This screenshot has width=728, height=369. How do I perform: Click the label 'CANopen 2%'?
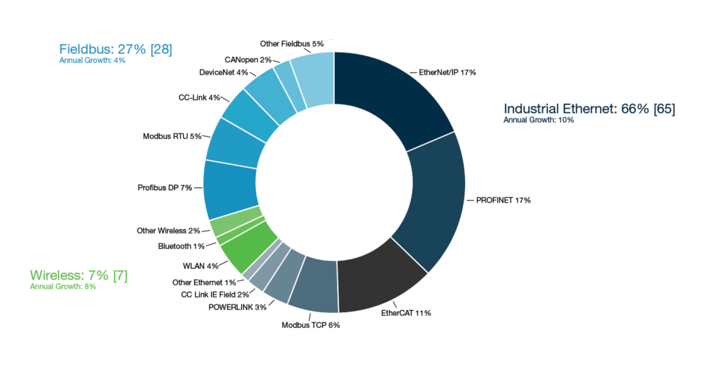(247, 60)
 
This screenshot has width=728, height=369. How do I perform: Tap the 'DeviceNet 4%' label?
(224, 72)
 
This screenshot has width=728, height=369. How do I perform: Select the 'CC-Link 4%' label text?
(199, 97)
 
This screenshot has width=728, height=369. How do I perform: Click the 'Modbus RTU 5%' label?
(173, 136)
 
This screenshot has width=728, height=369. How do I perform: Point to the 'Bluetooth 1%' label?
(181, 246)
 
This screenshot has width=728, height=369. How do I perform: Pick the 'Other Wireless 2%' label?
(168, 231)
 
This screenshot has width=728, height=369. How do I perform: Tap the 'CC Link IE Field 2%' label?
(215, 294)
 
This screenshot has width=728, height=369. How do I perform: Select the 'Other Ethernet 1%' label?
(203, 282)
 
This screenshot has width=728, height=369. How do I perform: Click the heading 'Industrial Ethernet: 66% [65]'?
(589, 109)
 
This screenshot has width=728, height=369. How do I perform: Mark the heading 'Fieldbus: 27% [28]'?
(115, 49)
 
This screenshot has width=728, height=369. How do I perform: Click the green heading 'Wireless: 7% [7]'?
(78, 275)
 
